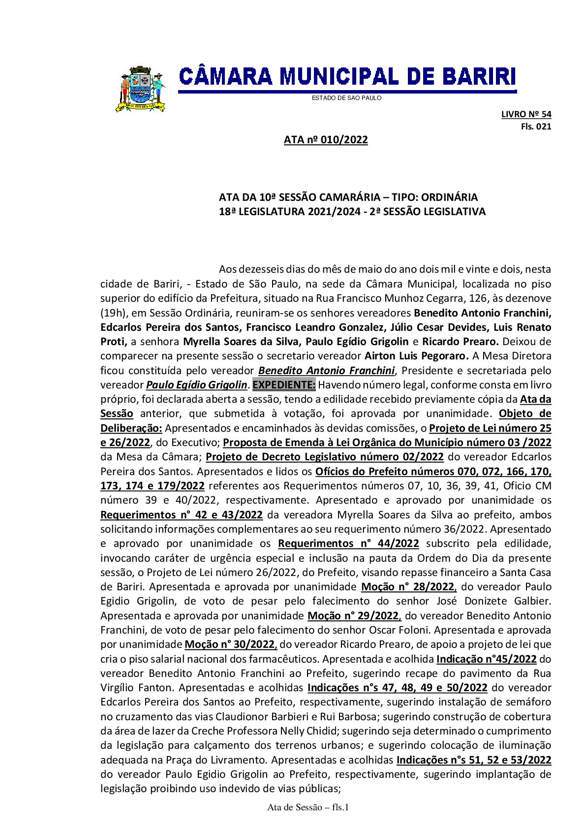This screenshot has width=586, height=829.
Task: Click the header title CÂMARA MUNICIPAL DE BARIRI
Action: click(x=347, y=77)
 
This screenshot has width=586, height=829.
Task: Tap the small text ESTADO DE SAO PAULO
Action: click(x=346, y=98)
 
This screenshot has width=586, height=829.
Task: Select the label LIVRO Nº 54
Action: click(x=526, y=114)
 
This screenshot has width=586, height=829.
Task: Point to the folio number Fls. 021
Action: click(x=536, y=127)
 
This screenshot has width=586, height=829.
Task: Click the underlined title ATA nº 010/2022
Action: click(x=326, y=140)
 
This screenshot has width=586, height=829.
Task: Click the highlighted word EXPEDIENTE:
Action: click(x=284, y=384)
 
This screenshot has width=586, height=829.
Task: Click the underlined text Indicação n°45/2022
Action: click(x=486, y=659)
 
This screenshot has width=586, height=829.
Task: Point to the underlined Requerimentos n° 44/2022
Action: click(x=348, y=543)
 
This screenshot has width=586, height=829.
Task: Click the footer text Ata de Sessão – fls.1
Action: click(x=308, y=807)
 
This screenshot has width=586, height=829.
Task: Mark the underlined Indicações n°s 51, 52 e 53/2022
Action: click(x=473, y=760)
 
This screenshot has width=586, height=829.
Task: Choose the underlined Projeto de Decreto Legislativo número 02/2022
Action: click(x=325, y=456)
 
